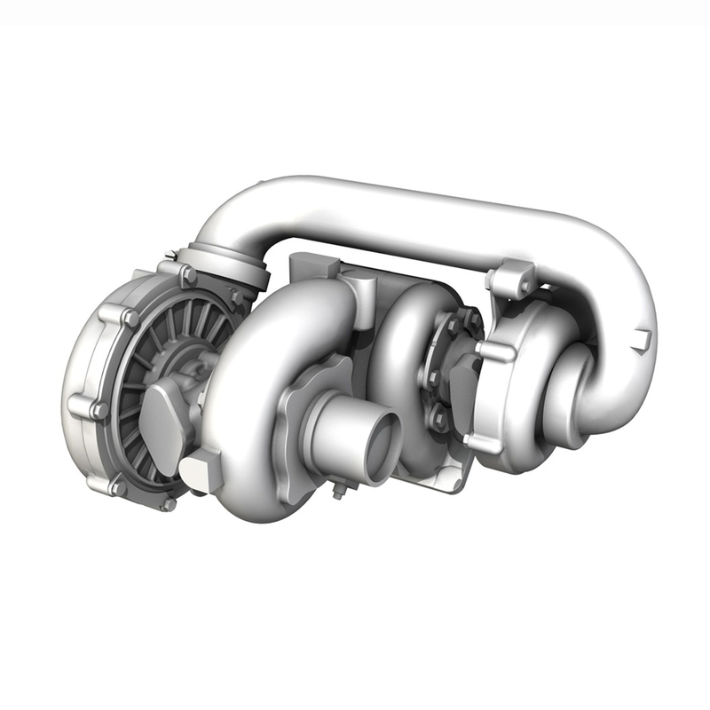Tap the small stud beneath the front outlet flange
click(338, 490)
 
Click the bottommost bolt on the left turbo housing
click(168, 503)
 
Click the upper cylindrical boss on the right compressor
click(497, 351)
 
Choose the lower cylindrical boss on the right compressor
click(484, 441)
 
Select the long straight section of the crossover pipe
click(417, 209)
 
